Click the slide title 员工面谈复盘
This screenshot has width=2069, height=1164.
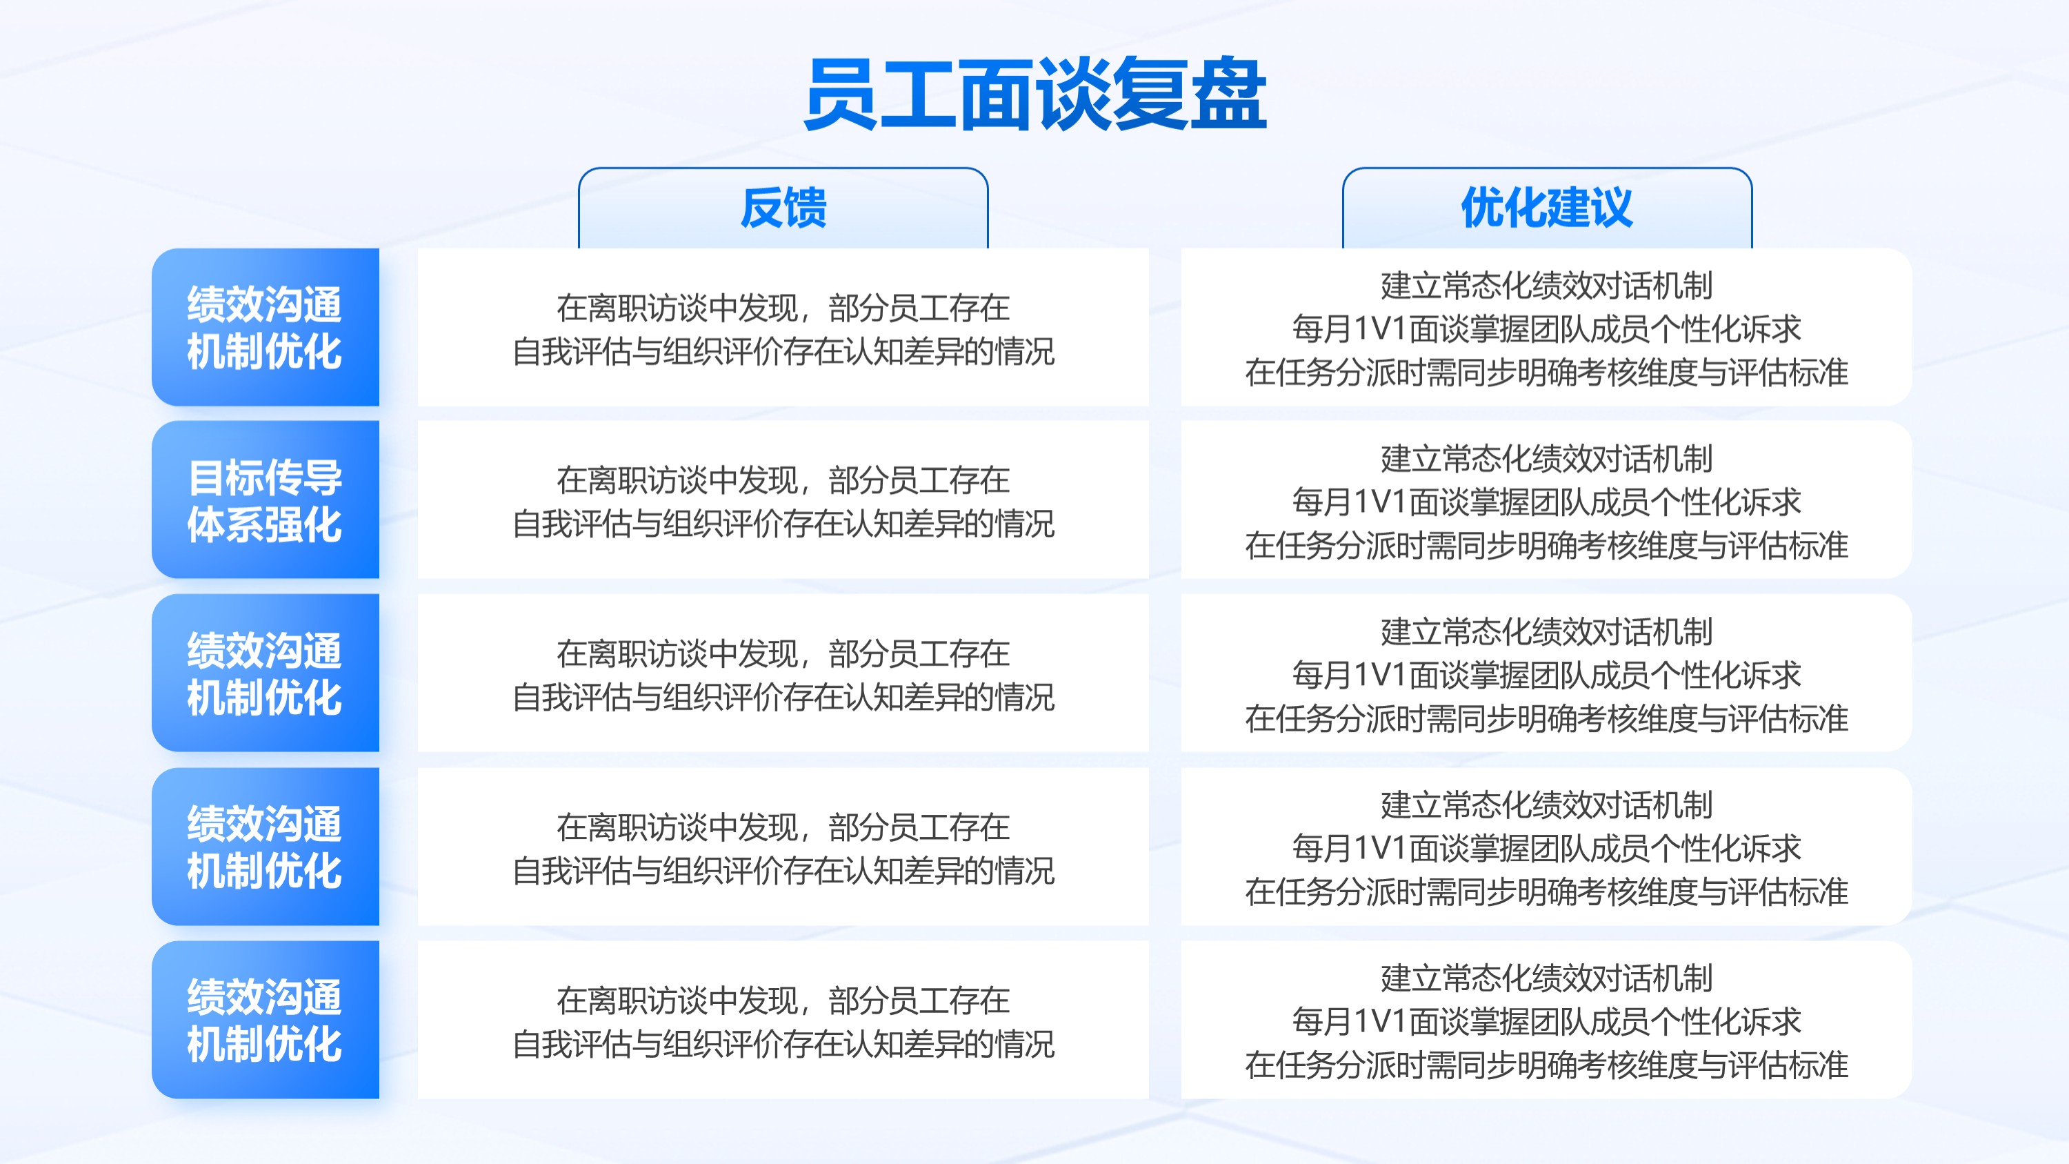(x=1034, y=93)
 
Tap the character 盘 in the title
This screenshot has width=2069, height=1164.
(x=1229, y=93)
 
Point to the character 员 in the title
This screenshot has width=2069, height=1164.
(x=841, y=93)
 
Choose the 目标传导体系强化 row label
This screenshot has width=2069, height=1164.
(x=265, y=500)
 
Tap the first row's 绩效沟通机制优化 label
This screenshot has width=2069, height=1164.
(x=265, y=327)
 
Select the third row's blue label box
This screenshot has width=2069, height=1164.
(x=265, y=673)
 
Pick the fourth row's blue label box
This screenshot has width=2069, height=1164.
(x=265, y=847)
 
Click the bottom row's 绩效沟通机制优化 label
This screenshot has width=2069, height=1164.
(x=265, y=1020)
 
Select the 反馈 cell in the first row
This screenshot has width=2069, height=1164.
(x=783, y=327)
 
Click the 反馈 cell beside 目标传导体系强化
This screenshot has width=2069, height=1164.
(x=783, y=500)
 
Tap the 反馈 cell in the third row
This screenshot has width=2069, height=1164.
(x=783, y=673)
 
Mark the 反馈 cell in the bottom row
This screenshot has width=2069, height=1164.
(x=783, y=1020)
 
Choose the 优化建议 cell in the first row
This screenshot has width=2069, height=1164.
(x=1546, y=327)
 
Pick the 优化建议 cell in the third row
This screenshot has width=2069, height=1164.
(x=1546, y=673)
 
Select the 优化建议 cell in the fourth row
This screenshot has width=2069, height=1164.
(x=1546, y=847)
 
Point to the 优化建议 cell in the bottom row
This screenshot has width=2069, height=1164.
(x=1546, y=1020)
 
